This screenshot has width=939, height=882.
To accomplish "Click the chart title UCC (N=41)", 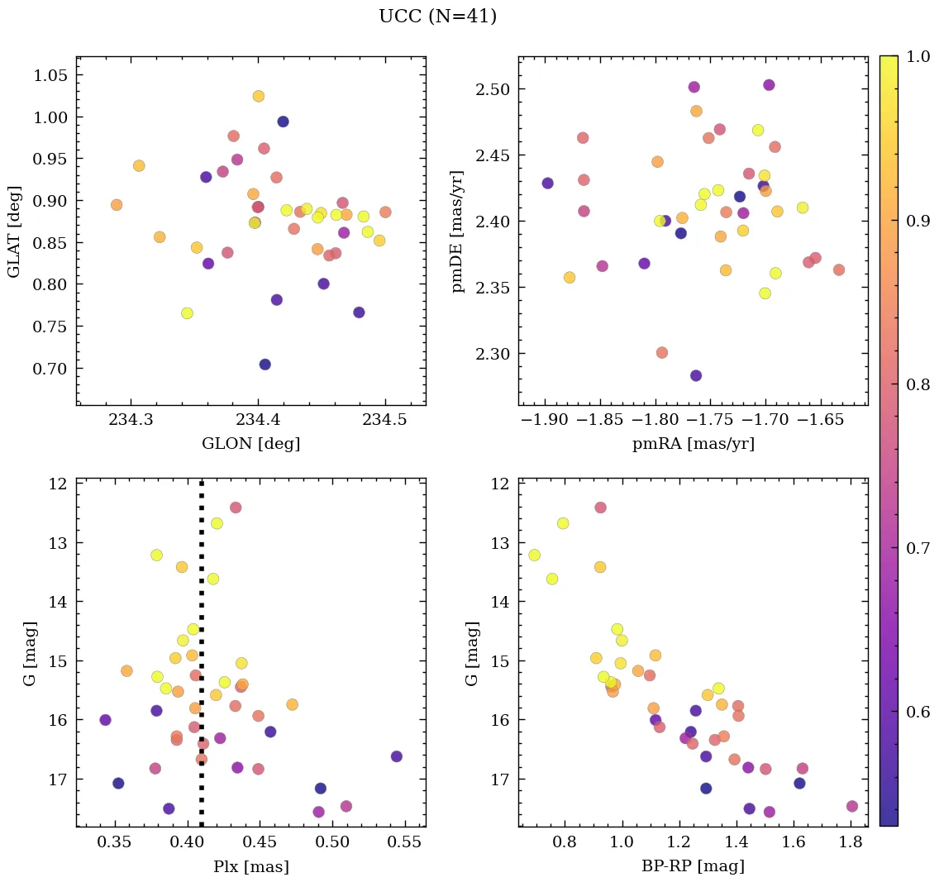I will (x=437, y=17).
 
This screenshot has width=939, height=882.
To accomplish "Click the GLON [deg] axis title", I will (x=250, y=444).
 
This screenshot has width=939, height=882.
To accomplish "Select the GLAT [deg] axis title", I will (x=14, y=231).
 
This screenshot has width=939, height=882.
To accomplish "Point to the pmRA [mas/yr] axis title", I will (x=693, y=444).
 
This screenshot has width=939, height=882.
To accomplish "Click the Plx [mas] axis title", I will (x=250, y=867).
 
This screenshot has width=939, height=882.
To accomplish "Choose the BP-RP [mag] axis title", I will (x=693, y=867).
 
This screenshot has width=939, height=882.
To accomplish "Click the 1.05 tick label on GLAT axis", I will (x=50, y=75).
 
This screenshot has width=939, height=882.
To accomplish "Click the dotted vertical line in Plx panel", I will (x=202, y=579).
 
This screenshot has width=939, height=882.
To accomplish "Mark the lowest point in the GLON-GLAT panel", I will (x=265, y=365).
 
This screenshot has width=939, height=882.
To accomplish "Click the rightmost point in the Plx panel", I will (x=396, y=756).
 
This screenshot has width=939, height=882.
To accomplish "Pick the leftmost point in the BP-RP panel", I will (x=534, y=555).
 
